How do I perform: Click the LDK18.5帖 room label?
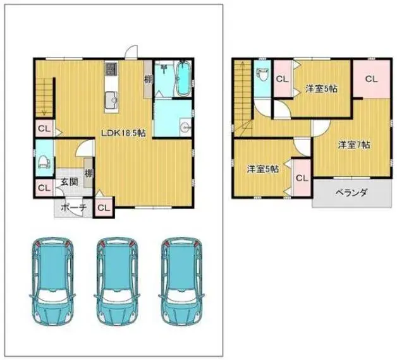(123, 133)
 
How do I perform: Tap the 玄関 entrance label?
(69, 182)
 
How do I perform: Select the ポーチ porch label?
(74, 208)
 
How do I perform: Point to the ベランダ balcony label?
(351, 193)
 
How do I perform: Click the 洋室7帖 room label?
(354, 145)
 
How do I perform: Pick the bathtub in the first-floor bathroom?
(183, 78)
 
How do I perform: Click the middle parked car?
(117, 281)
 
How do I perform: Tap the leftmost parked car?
(52, 281)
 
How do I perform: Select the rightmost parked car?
(181, 281)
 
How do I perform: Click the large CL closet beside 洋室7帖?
(371, 79)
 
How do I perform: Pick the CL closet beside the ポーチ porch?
(104, 208)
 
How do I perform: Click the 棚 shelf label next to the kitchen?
(149, 80)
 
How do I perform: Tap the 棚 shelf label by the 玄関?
(89, 173)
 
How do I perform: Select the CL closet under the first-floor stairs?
(44, 128)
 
